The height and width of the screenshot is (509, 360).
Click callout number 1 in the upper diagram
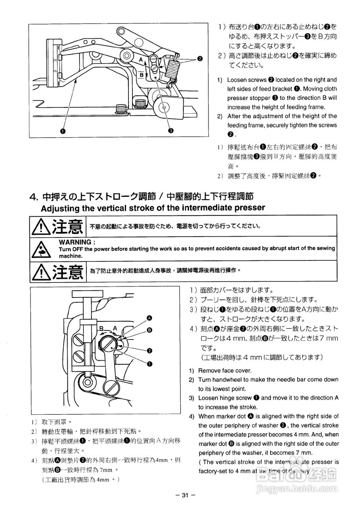(x=63, y=130)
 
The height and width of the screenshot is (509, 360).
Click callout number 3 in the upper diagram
(x=170, y=130)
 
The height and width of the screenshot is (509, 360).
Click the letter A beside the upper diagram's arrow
(x=141, y=59)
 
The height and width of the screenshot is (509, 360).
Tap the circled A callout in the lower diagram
(x=150, y=318)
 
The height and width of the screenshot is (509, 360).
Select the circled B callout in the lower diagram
(x=150, y=330)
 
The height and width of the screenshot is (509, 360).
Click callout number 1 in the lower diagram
(x=150, y=363)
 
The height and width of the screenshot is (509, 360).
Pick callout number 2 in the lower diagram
(x=150, y=351)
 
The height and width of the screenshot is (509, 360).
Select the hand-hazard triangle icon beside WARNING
(x=41, y=249)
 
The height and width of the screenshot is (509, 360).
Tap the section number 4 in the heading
(x=33, y=197)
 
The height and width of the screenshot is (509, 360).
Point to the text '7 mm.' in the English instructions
(x=304, y=453)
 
